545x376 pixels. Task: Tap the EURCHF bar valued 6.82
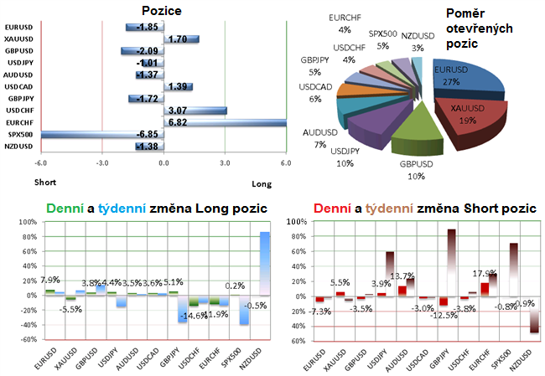click(225, 122)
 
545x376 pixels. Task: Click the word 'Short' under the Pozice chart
click(45, 182)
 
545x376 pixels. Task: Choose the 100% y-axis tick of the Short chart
click(295, 222)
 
